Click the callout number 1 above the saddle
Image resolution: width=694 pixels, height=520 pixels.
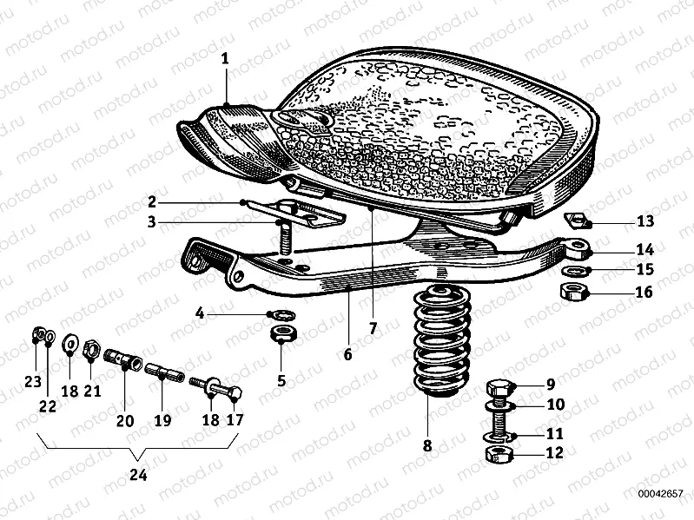click(x=225, y=59)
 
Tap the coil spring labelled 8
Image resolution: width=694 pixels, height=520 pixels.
click(x=441, y=341)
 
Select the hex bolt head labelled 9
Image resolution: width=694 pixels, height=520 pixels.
click(x=499, y=388)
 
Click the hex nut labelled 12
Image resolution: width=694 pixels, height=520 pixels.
click(x=499, y=454)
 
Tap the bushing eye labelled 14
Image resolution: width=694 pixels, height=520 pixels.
click(x=578, y=248)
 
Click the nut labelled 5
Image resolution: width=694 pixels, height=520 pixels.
click(x=283, y=332)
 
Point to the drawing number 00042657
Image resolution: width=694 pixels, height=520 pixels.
click(x=660, y=493)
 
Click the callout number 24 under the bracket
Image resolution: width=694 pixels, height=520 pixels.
click(x=138, y=475)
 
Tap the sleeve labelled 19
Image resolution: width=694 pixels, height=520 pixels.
click(x=164, y=370)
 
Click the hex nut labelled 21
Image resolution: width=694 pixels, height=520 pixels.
click(x=90, y=350)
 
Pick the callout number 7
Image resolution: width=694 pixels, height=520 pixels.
click(x=373, y=328)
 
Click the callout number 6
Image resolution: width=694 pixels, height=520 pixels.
click(x=347, y=354)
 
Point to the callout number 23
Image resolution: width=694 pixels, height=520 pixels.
click(x=33, y=381)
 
